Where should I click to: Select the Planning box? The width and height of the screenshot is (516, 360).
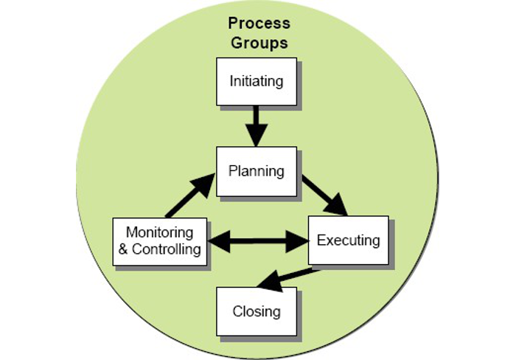coord(256,171)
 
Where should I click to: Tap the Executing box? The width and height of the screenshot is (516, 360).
coord(347,240)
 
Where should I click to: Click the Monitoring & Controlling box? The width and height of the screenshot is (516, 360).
coord(159,240)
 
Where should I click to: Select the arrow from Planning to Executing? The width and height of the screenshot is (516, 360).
coord(324,194)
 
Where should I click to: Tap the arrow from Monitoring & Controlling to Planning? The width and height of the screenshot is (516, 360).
coord(190,195)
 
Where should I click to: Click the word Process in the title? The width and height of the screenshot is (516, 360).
coord(259,23)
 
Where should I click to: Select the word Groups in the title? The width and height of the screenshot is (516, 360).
coord(259,43)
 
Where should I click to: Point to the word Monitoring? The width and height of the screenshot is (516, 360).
coord(159,232)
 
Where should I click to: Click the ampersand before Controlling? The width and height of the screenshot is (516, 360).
coord(124,249)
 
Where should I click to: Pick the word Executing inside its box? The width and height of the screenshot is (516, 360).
coord(348,240)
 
